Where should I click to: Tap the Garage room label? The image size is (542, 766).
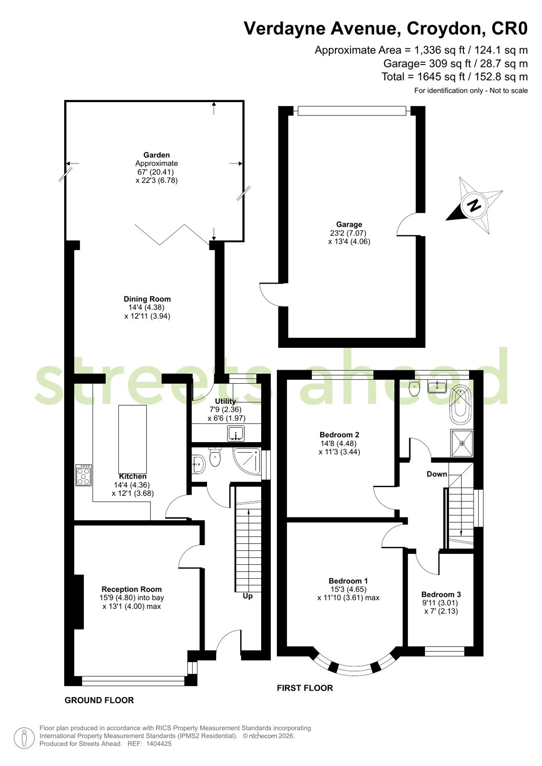(x=349, y=224)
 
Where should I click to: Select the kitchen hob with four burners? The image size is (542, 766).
(x=83, y=475)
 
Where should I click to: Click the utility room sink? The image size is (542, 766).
(x=236, y=433)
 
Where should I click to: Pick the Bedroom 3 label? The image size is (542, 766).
(x=441, y=595)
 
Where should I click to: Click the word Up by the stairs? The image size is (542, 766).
(x=247, y=596)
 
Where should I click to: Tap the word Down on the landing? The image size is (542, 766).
(x=437, y=474)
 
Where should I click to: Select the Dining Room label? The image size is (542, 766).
(x=147, y=299)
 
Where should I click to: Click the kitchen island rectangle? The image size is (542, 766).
(x=132, y=439)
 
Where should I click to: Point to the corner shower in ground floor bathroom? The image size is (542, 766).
(x=247, y=461)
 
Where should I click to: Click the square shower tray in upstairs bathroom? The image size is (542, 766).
(x=462, y=443)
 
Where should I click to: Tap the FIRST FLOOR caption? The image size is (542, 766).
(x=305, y=688)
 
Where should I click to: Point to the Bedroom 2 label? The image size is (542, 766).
(x=339, y=434)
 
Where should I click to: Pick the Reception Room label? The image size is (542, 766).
(x=132, y=589)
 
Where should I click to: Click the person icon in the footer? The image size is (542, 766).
(x=24, y=738)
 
